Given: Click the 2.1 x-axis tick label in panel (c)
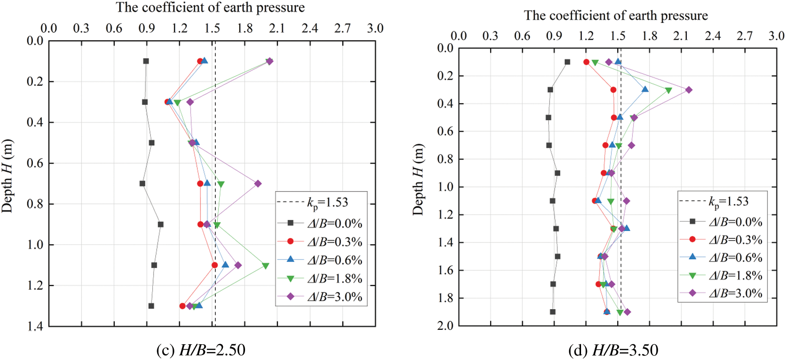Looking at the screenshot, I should point(277,28).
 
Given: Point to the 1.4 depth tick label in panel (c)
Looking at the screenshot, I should point(35,326).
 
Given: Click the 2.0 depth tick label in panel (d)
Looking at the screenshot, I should point(445,325).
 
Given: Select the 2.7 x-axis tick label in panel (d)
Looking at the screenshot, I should point(745,36).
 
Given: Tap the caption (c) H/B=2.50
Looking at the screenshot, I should point(201,350).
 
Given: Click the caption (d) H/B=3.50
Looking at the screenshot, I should point(613,350).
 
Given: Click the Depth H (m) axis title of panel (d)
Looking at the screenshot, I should point(418,179).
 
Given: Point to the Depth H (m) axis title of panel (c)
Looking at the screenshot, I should point(7,176).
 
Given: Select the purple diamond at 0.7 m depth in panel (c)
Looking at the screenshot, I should point(258,183).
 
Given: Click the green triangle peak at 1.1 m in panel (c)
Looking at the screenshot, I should point(265,266).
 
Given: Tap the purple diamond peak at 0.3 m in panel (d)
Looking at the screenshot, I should point(689,90).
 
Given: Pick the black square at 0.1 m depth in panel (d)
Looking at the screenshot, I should point(567,62).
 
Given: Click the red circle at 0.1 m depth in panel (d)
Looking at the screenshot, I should point(586,62).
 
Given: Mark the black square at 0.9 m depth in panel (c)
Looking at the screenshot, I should point(160,224).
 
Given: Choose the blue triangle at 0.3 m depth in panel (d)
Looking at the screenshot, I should point(645,90).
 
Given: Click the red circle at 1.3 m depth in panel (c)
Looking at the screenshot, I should point(182,306).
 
